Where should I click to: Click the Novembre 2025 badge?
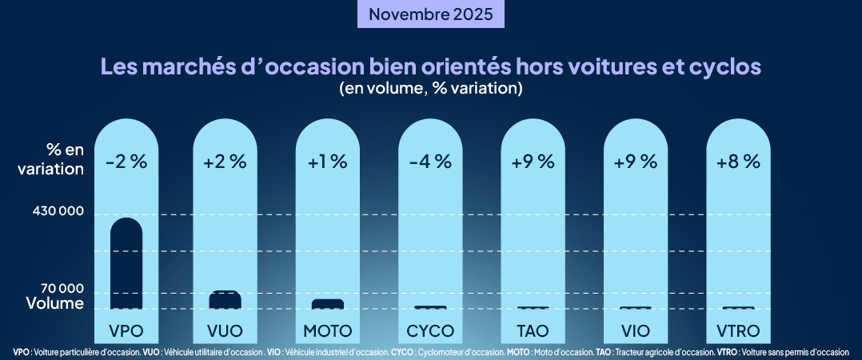pos(431,14)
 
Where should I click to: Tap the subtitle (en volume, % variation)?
pos(431,88)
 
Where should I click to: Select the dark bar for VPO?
pos(126,264)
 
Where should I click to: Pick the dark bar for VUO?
pos(225,300)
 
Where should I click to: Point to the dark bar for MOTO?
pos(328,304)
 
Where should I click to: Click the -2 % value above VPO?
pos(126,161)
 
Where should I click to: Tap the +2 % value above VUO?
pos(225,161)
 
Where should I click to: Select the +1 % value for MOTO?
pos(328,161)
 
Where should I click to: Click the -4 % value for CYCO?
pos(430,161)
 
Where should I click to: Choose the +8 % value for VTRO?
pos(738,161)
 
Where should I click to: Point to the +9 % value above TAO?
pos(533,161)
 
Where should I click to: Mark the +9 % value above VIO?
pos(636,161)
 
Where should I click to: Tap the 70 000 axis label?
pos(60,289)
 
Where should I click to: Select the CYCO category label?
pos(430,330)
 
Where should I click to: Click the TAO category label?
pos(533,330)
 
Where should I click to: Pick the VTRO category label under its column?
pos(738,330)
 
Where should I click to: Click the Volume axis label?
pos(54,304)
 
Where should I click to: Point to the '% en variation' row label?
pos(54,158)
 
